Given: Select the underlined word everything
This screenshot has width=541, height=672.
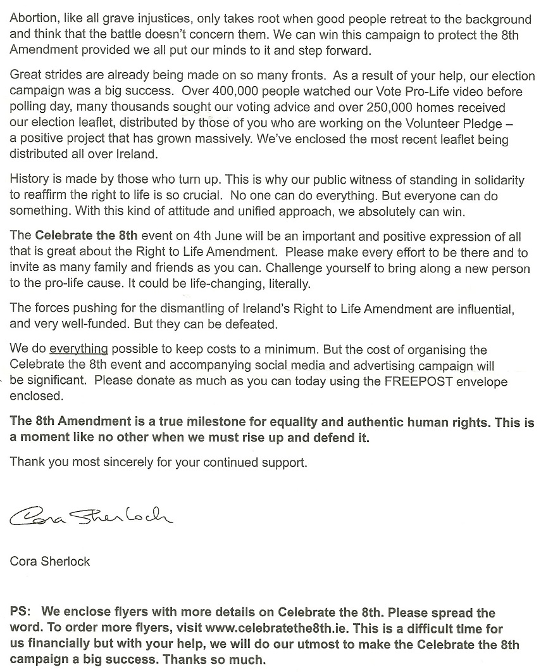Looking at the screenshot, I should (x=78, y=349).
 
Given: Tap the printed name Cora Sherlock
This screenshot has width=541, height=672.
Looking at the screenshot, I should (x=50, y=561).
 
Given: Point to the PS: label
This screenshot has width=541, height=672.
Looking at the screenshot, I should (x=23, y=613).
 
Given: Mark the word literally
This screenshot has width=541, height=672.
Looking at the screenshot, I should (x=289, y=284).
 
